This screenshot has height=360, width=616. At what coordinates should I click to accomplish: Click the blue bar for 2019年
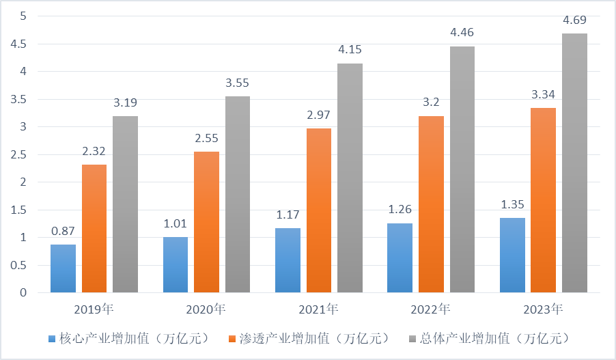pos(63,268)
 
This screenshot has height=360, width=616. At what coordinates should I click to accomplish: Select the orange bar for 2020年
pos(206,222)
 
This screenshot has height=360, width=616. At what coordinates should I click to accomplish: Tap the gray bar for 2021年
pos(350,178)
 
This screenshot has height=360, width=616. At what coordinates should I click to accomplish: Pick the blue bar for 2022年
pos(400,258)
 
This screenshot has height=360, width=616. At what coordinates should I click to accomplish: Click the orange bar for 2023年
pos(543,200)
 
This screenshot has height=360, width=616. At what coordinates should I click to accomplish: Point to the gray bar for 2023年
pos(574,163)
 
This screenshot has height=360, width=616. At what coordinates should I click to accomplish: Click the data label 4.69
pos(574,21)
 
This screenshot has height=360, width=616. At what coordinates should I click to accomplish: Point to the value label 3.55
pos(238,83)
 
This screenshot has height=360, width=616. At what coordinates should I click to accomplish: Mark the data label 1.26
pos(400,210)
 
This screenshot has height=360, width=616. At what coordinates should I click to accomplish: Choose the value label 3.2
pos(431,103)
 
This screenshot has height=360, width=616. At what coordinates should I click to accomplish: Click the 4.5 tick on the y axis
pos(18,44)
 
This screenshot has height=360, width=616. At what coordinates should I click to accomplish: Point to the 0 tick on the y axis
pos(23,293)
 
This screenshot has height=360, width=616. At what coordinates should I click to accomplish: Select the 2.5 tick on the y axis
pos(18,155)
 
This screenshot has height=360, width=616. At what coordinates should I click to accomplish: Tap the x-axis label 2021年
pos(318,309)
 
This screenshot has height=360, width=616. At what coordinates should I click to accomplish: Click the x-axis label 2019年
pos(94,309)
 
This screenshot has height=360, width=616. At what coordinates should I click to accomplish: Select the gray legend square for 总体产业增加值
pos(412,339)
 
